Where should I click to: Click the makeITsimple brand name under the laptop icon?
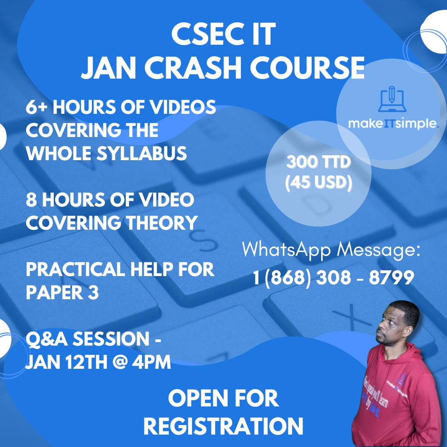pyautogui.click(x=393, y=123)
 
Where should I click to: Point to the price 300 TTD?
pyautogui.click(x=318, y=162)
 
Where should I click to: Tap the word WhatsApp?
pyautogui.click(x=286, y=250)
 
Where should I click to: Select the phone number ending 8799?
pyautogui.click(x=333, y=277)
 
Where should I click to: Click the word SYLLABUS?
pyautogui.click(x=142, y=153)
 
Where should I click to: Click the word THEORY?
pyautogui.click(x=162, y=223)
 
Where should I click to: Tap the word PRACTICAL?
pyautogui.click(x=76, y=269)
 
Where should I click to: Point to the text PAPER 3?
pyautogui.click(x=62, y=293)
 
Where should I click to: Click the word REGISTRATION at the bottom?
pyautogui.click(x=223, y=426)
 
